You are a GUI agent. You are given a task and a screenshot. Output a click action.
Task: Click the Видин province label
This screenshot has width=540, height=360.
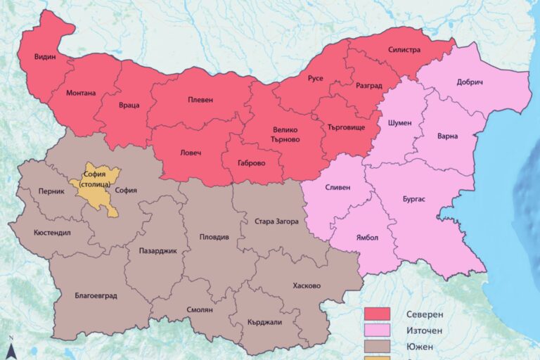point(45,57)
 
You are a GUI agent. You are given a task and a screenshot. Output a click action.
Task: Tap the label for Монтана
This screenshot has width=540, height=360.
point(81,93)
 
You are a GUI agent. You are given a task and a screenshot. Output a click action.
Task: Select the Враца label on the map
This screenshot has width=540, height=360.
point(129,105)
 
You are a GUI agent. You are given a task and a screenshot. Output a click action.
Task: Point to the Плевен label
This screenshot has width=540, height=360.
point(200,101)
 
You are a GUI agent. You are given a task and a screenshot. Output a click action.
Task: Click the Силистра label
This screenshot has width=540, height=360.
point(404,50)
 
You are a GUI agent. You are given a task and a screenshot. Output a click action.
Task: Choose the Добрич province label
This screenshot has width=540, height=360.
point(470,82)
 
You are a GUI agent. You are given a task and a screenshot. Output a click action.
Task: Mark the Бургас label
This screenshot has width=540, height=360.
point(414,200)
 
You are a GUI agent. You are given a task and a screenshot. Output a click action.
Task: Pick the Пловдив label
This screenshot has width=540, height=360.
point(214,238)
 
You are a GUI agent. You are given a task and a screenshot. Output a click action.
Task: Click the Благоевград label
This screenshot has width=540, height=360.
point(96,295)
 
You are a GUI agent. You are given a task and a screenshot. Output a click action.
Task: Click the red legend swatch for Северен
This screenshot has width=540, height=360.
point(377,314)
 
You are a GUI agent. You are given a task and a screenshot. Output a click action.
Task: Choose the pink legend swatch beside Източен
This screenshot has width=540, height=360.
point(377,330)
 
